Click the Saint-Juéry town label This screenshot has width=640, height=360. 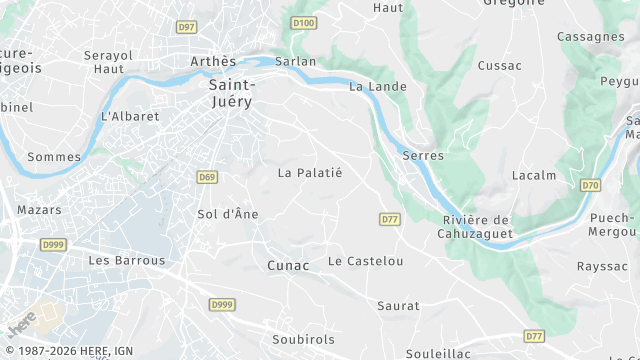coord(232,93)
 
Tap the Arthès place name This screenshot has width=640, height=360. coord(213,62)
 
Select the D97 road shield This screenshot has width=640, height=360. coord(186,27)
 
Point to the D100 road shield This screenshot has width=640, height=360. coord(304,21)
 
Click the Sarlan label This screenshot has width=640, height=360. coord(295,62)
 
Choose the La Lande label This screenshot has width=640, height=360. coord(378,87)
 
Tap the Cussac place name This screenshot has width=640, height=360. coord(500,66)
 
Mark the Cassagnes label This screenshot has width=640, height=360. coord(591,37)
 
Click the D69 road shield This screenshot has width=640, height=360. coord(207,177)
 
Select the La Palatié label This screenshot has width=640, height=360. coord(310,173)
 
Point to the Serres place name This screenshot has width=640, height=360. coord(422,156)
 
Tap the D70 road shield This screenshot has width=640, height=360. coord(590,185)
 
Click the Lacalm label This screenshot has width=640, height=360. coord(533,176)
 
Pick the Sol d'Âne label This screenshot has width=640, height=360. coord(228,214)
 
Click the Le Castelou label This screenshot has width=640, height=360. coord(366,262)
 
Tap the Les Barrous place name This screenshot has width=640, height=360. coord(127,261)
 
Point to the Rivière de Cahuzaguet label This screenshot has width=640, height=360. coord(477,227)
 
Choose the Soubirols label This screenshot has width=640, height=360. coord(304,340)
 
